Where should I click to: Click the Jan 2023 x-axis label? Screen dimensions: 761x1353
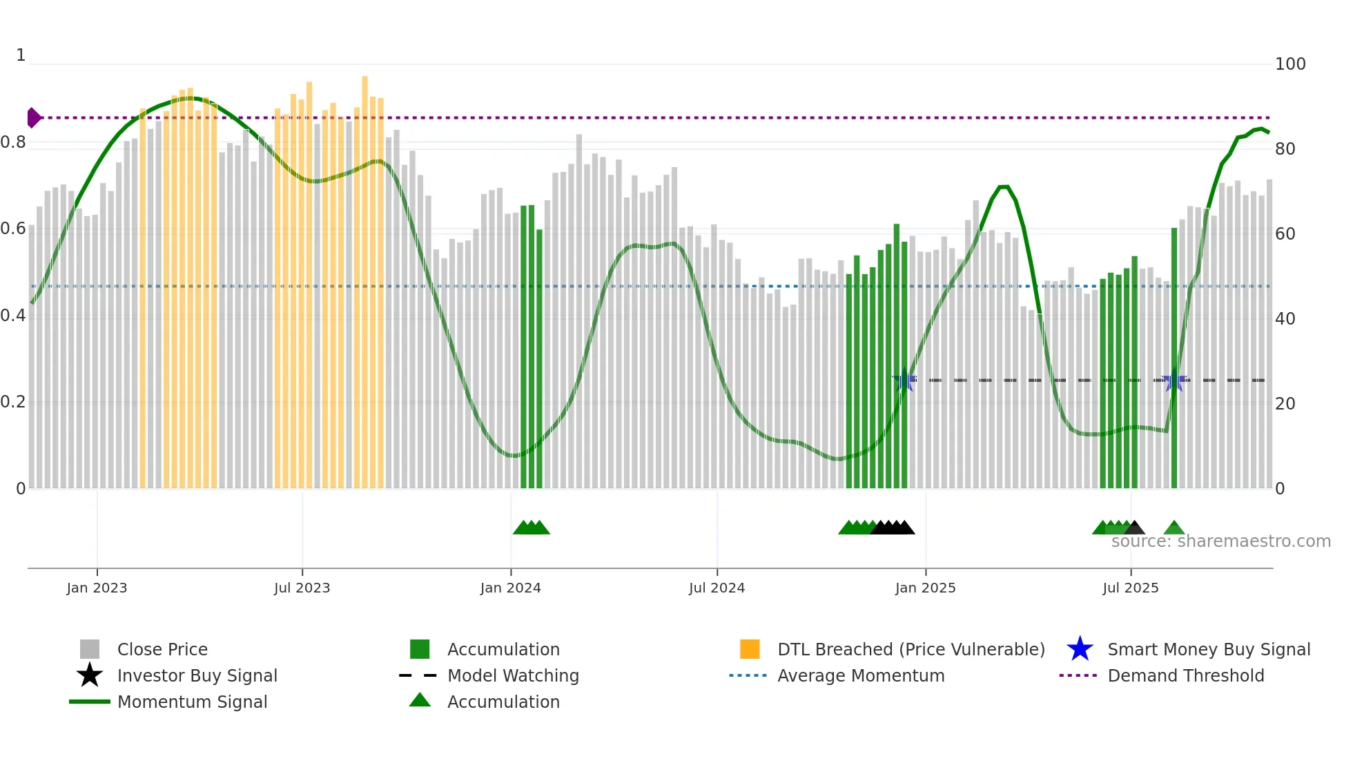click(x=97, y=588)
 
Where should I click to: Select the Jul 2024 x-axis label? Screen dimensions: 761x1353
click(x=717, y=588)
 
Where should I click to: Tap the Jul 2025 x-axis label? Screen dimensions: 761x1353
click(x=1130, y=588)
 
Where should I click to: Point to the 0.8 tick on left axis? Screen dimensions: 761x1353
click(x=13, y=142)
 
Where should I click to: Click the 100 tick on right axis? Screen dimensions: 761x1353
click(x=1290, y=64)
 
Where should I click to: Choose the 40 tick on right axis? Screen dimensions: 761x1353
click(x=1285, y=319)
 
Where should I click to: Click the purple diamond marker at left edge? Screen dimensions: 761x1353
click(x=33, y=118)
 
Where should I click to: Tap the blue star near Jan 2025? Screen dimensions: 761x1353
click(x=904, y=380)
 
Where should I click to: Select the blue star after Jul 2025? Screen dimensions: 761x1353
click(x=1174, y=380)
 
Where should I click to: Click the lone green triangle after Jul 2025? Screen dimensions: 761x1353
click(x=1174, y=529)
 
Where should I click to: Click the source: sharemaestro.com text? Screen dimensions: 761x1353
click(x=1220, y=541)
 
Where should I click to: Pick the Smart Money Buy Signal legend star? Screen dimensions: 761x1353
click(x=1080, y=649)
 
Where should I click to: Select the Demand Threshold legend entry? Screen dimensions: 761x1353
click(x=1185, y=675)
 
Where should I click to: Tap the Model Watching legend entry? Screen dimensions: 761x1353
click(x=513, y=675)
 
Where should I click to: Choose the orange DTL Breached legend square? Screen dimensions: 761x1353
click(x=750, y=649)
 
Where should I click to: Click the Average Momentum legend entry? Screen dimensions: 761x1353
click(x=860, y=675)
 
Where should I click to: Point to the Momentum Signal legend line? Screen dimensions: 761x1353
click(x=90, y=702)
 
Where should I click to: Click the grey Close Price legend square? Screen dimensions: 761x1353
click(x=90, y=649)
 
